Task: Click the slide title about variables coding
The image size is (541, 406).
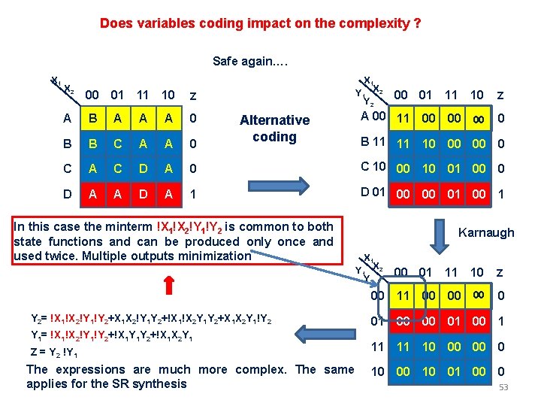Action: point(260,23)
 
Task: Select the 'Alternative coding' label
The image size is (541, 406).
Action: point(274,128)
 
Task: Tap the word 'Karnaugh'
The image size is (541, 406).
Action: point(486,232)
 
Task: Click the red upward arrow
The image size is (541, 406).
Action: point(190,287)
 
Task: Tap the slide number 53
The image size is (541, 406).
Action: point(503,387)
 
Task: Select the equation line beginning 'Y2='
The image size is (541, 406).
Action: point(149,319)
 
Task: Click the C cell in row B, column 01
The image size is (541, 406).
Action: point(117,143)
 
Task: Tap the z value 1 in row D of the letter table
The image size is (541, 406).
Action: point(193,193)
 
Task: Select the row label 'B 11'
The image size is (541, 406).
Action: point(373,141)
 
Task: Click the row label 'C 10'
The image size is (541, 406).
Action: point(373,166)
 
